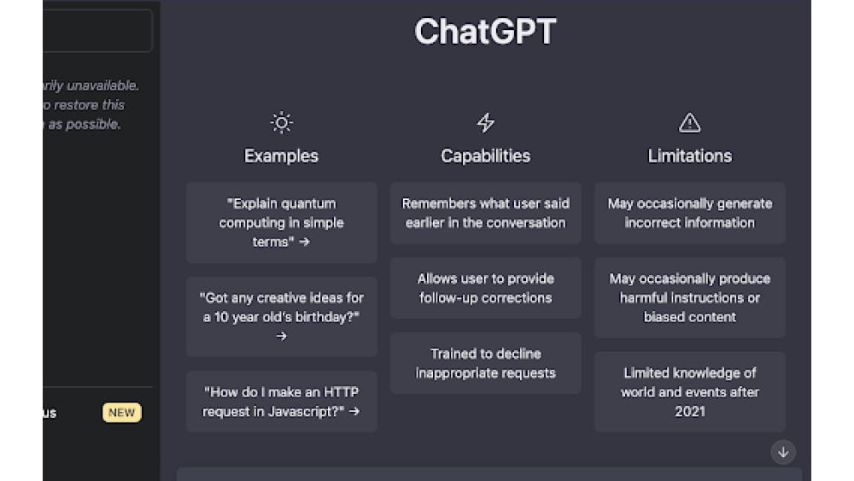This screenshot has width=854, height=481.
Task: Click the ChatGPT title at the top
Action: click(x=485, y=32)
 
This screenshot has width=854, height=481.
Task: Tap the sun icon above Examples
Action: click(x=281, y=123)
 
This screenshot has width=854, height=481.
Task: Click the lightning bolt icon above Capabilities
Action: click(x=485, y=123)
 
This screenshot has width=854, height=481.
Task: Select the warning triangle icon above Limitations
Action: click(x=689, y=123)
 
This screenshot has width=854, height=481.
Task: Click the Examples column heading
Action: click(x=281, y=155)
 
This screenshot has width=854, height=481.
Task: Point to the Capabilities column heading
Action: click(x=485, y=155)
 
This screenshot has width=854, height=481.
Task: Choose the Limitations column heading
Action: click(x=689, y=155)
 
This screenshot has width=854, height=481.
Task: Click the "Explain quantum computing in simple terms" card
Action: click(x=281, y=222)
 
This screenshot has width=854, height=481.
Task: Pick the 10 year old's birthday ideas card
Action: click(x=281, y=316)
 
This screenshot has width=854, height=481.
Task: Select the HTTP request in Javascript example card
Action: click(x=281, y=402)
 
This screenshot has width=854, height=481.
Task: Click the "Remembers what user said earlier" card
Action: click(x=485, y=213)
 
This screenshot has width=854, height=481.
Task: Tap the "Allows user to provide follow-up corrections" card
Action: click(x=485, y=288)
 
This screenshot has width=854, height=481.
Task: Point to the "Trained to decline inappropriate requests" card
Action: click(x=485, y=363)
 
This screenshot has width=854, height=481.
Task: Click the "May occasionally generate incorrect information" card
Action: click(x=689, y=213)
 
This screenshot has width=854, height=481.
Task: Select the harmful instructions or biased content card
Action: click(x=689, y=297)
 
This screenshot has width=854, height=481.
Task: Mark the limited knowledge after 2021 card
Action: click(x=689, y=391)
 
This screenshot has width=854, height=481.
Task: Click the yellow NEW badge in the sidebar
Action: click(x=121, y=413)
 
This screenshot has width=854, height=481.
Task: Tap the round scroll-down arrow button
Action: click(x=783, y=452)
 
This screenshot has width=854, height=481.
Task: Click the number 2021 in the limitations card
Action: click(x=690, y=411)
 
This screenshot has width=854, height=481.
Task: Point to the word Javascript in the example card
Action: click(x=309, y=411)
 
